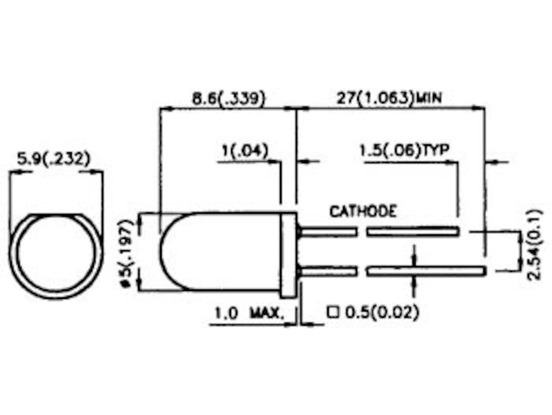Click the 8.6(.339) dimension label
pos(228,97)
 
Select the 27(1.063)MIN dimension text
pos(388,97)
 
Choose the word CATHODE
pos(362,211)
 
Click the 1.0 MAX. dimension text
pos(248,314)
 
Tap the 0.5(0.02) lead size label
pos(381,312)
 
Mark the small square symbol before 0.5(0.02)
pos(333,312)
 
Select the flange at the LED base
pos(289,255)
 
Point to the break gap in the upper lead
pos(362,231)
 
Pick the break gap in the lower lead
pos(362,271)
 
